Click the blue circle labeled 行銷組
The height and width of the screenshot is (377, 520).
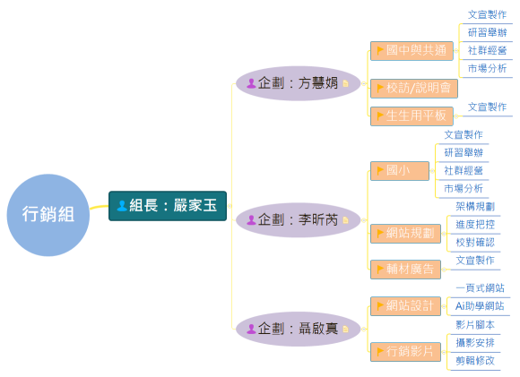click(48, 215)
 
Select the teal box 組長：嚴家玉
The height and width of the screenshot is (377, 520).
click(168, 205)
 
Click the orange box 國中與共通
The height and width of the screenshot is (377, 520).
click(412, 50)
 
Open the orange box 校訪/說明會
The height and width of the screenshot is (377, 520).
click(413, 88)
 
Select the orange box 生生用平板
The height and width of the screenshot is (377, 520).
click(412, 116)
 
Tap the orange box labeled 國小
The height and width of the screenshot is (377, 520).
click(399, 170)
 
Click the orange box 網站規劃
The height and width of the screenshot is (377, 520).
click(405, 233)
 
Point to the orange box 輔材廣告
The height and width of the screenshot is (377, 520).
click(405, 269)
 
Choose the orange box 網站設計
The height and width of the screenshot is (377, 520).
click(405, 305)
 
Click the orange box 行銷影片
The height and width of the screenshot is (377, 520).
click(405, 351)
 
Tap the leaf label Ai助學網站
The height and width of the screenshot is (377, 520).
click(480, 306)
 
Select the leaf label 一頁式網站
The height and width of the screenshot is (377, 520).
click(480, 288)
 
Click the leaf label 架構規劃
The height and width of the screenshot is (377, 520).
click(474, 206)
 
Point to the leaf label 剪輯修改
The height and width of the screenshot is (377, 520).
click(474, 360)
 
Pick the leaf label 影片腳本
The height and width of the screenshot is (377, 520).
click(474, 324)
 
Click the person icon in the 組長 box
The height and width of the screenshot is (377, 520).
click(121, 205)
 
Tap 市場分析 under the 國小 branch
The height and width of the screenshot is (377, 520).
click(463, 188)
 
